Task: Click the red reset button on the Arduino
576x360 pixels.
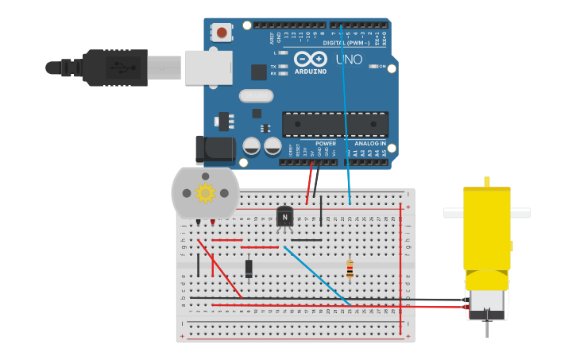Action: pos(222,33)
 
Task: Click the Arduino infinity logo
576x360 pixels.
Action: pos(310,59)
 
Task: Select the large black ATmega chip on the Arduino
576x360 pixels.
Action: pos(334,124)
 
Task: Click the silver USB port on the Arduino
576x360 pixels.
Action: pos(208,68)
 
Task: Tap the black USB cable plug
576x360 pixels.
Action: pos(116,68)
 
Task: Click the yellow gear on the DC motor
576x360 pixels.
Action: pos(206,193)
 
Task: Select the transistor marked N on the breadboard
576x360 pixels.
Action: pos(284,216)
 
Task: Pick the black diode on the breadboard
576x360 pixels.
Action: pos(249,269)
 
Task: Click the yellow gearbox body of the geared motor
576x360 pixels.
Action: pos(486,230)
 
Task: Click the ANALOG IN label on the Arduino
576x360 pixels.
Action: pos(370,144)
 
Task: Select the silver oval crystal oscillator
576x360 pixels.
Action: pos(256,96)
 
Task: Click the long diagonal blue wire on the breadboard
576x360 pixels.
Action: pos(317,276)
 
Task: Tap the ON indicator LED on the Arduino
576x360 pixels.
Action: pos(373,66)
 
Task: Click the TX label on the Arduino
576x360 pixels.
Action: pos(273,66)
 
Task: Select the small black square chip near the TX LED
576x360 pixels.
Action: pos(259,72)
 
